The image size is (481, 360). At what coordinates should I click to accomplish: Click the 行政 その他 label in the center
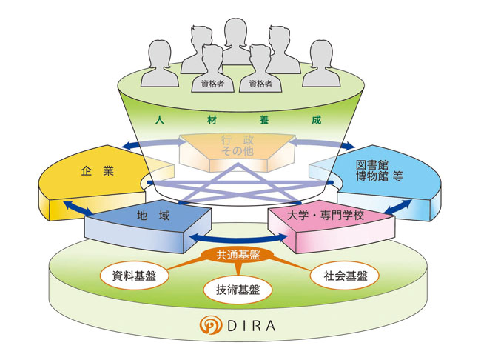click(x=238, y=145)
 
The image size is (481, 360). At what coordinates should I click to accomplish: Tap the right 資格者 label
click(x=261, y=84)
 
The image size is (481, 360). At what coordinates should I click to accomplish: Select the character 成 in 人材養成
click(x=316, y=119)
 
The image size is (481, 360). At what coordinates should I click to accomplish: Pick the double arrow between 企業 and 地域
click(x=74, y=209)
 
